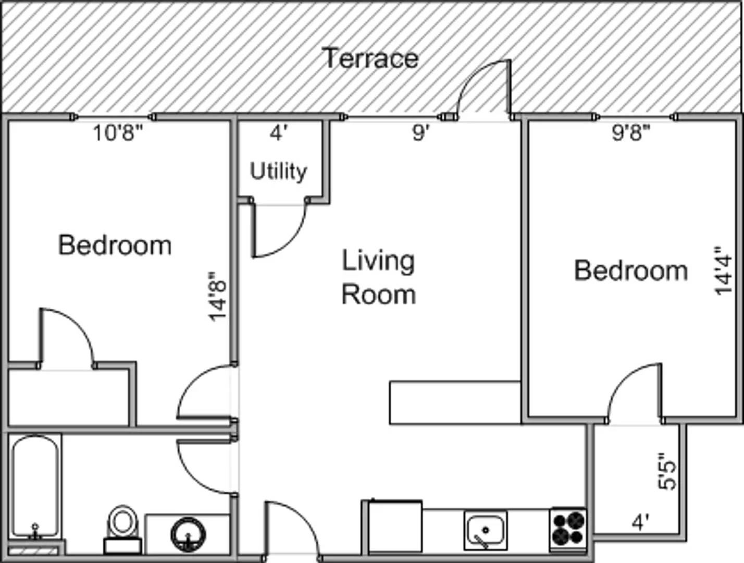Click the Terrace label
pos(370,58)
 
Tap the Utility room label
pos(278,172)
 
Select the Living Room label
pos(379,277)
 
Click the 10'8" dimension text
pos(118,133)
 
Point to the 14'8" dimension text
pos(217,297)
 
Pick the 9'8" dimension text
pos(631,132)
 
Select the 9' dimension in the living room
pos(420,132)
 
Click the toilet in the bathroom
pos(123,530)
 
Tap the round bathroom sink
pos(188,535)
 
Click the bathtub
pos(35,487)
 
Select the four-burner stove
pos(568,530)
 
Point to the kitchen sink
pos(486,531)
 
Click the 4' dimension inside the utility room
pos(279,133)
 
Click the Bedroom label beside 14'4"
pos(631,271)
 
